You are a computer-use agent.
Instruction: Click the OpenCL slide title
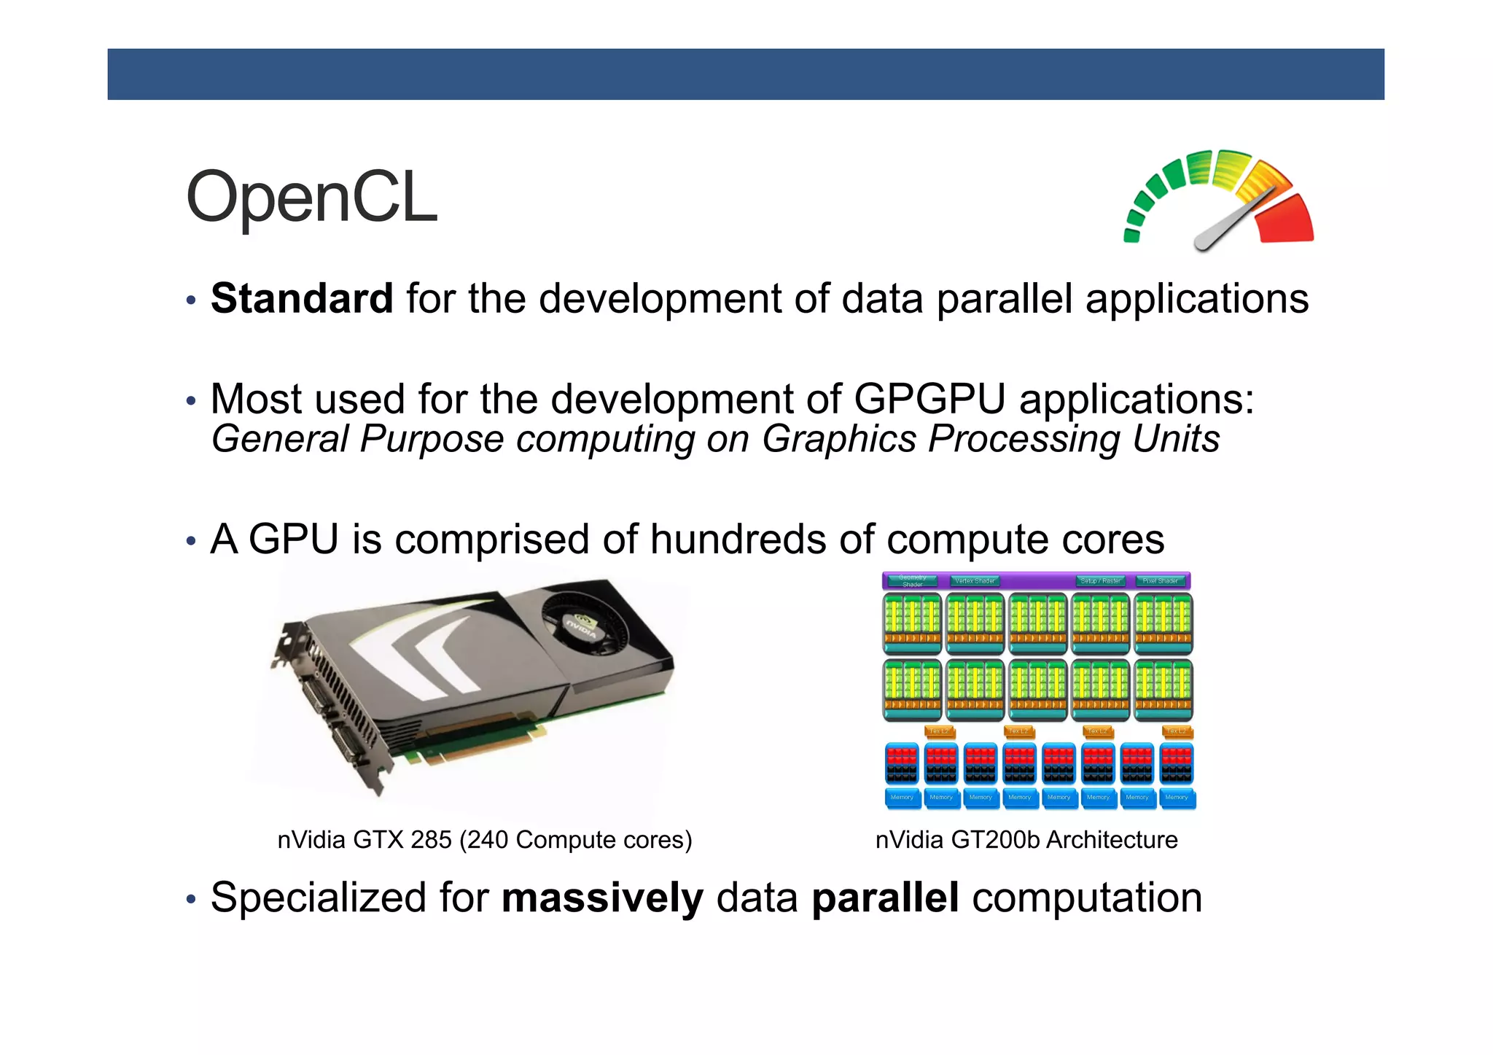[x=311, y=198]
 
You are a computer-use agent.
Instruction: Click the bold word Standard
[x=302, y=299]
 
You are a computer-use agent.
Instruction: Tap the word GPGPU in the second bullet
[x=929, y=399]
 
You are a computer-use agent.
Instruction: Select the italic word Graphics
[x=838, y=439]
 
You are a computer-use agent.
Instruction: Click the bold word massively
[x=602, y=898]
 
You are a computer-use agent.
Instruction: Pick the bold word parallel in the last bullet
[x=884, y=898]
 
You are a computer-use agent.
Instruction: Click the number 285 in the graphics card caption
[x=431, y=840]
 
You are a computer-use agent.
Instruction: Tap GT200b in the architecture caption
[x=995, y=840]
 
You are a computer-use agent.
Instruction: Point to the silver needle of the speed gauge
[x=1232, y=222]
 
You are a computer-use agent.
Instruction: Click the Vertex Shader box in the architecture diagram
[x=975, y=581]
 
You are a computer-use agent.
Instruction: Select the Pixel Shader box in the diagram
[x=1160, y=581]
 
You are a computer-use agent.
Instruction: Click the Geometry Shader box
[x=912, y=581]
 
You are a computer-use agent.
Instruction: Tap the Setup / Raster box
[x=1100, y=581]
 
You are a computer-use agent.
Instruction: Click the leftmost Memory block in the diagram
[x=902, y=798]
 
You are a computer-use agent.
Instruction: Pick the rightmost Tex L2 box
[x=1176, y=731]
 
